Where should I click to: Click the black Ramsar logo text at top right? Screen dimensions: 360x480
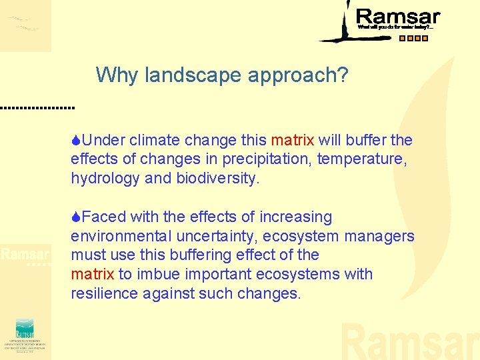coord(398,17)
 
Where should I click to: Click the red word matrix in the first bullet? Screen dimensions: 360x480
coord(292,141)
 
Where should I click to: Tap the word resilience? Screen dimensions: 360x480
coord(104,294)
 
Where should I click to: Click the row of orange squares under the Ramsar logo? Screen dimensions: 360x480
coord(413,38)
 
